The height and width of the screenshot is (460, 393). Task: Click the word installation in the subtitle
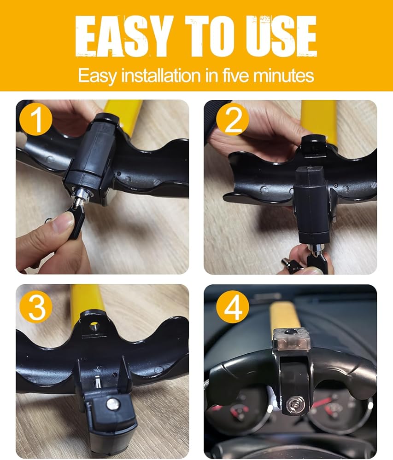pyautogui.click(x=161, y=75)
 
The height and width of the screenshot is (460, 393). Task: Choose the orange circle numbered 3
pyautogui.click(x=36, y=307)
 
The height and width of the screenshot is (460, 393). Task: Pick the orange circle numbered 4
pyautogui.click(x=233, y=307)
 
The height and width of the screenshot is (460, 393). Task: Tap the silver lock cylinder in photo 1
pyautogui.click(x=79, y=196)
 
